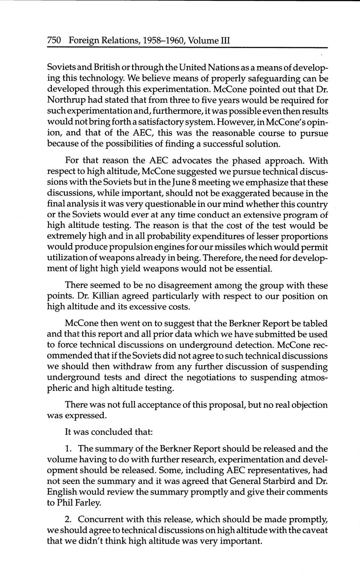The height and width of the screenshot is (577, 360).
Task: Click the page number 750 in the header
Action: [x=54, y=41]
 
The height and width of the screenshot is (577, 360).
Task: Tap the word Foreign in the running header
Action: [x=84, y=41]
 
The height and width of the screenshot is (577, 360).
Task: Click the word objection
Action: [x=309, y=405]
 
